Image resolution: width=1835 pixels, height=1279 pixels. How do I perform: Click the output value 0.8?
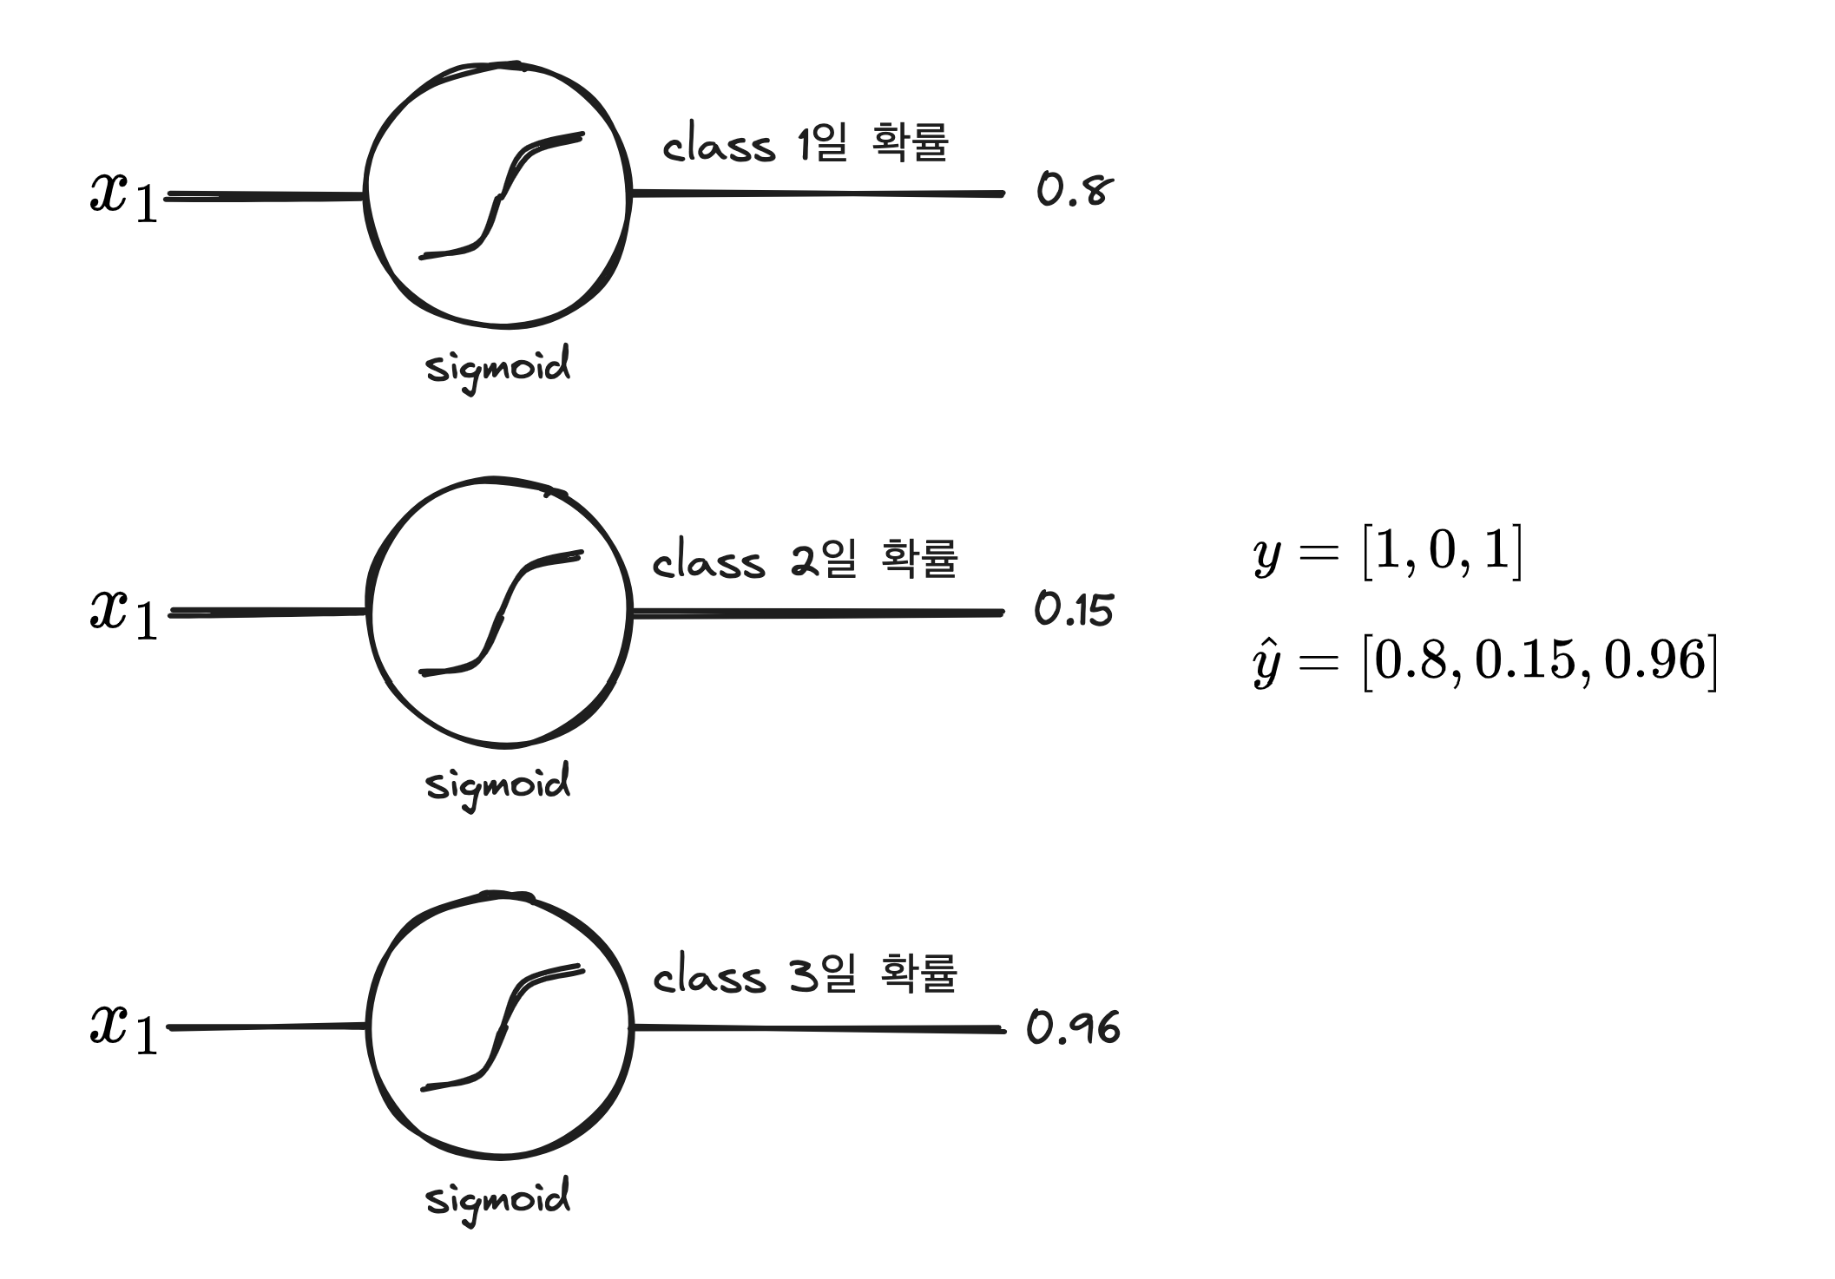[x=1074, y=191]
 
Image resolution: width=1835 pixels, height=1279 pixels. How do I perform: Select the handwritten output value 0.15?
[x=1074, y=610]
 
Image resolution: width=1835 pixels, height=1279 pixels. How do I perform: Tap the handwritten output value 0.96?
[x=1074, y=1028]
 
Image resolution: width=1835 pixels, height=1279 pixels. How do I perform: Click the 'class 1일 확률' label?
[x=806, y=144]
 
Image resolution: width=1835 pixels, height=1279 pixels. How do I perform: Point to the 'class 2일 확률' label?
[x=806, y=560]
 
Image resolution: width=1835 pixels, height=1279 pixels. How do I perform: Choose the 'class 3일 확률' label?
[x=806, y=975]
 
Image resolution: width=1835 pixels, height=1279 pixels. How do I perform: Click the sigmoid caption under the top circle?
[x=498, y=368]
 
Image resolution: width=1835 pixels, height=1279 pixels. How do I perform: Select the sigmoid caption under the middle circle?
[x=498, y=784]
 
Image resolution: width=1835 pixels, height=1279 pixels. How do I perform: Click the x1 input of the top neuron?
[x=124, y=196]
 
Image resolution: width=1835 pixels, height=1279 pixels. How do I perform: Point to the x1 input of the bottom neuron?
[x=124, y=1029]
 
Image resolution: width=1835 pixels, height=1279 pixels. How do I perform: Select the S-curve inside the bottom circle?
[x=501, y=1029]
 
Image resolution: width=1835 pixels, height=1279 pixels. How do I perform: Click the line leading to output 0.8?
[x=816, y=193]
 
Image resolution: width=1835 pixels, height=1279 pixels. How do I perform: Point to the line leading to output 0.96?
[x=816, y=1029]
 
